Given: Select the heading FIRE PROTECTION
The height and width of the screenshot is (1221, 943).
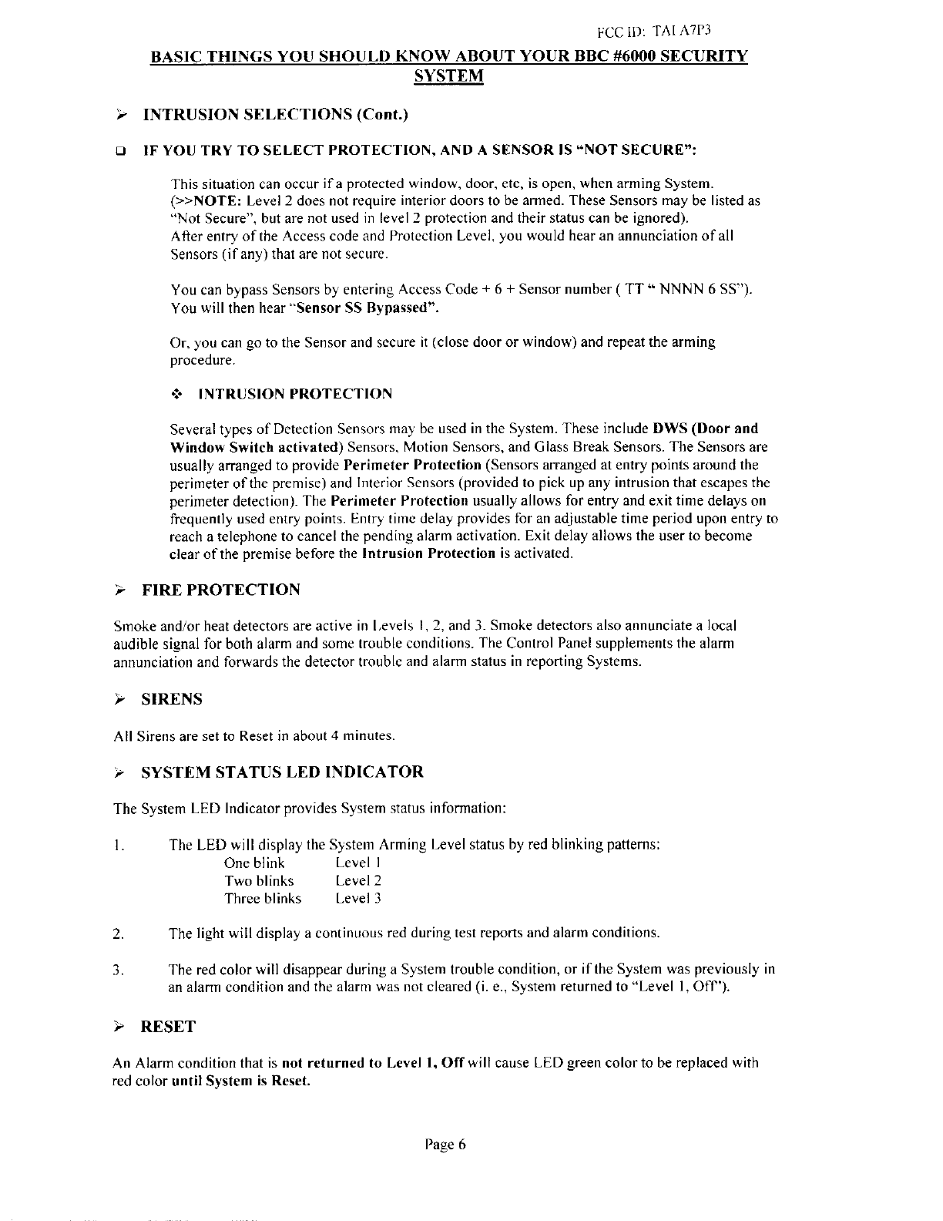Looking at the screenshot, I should pyautogui.click(x=221, y=590).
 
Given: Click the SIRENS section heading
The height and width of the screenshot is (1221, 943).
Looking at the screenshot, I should pyautogui.click(x=172, y=699).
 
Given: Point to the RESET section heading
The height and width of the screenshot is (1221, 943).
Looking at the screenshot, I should pyautogui.click(x=168, y=1027).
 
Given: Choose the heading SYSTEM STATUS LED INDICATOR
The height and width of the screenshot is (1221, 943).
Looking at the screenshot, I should pyautogui.click(x=283, y=772).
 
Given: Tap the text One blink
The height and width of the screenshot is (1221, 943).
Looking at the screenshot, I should pyautogui.click(x=254, y=863).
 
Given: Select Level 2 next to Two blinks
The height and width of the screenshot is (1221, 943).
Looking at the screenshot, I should pyautogui.click(x=358, y=880).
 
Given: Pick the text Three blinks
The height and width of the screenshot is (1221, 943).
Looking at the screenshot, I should pyautogui.click(x=263, y=898).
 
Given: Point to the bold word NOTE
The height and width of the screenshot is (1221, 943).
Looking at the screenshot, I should pyautogui.click(x=203, y=200).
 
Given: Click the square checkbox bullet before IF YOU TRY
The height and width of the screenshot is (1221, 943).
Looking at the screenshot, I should pyautogui.click(x=118, y=150).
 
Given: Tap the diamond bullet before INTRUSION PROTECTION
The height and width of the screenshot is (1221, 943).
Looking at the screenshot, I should pyautogui.click(x=175, y=394).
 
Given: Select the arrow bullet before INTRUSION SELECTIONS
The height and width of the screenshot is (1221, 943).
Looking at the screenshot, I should pyautogui.click(x=119, y=115).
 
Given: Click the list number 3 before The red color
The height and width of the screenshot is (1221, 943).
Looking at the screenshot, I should pyautogui.click(x=117, y=970).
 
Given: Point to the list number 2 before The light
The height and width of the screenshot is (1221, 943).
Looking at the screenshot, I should pyautogui.click(x=117, y=934).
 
